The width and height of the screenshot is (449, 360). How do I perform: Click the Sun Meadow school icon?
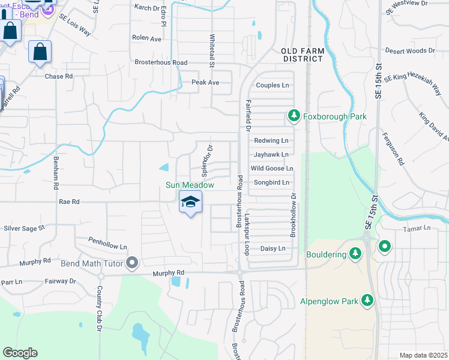190,203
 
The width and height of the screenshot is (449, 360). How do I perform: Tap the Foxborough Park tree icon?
294,115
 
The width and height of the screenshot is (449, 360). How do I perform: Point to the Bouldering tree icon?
355,254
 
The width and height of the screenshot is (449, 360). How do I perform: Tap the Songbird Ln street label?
271,182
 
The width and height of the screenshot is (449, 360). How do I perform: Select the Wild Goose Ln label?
271,169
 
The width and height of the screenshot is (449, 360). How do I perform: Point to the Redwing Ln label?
271,140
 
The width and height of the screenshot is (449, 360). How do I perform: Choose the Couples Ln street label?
273,85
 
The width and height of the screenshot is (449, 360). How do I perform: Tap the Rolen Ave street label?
148,38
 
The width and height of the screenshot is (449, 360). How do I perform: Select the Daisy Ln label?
271,248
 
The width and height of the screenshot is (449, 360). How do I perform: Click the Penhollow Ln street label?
108,246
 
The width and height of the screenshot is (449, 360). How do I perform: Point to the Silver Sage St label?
25,228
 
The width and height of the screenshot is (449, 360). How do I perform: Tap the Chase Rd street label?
59,76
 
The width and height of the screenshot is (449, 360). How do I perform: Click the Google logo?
20,353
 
